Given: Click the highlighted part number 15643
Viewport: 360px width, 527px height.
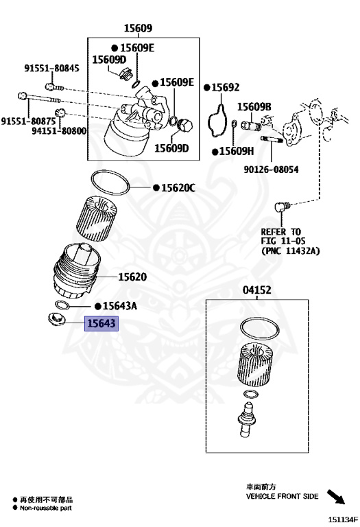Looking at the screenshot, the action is pos(101,323).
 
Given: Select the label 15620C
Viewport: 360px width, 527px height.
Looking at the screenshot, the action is pos(178,188).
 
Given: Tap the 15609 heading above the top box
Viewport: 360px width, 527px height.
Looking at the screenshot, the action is pos(138,28).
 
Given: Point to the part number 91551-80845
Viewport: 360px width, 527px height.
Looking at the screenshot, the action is pos(51,68).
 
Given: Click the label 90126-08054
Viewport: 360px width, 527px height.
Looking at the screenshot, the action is pos(271,169).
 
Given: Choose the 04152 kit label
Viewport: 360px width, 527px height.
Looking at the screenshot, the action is pos(257,290).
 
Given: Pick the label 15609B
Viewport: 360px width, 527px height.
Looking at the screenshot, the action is pos(254,107).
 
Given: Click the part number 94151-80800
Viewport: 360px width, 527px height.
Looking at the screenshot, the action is pos(59,131).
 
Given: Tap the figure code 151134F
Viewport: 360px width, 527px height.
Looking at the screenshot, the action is pos(344,519).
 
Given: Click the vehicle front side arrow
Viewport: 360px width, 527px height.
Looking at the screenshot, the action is pos(336,497).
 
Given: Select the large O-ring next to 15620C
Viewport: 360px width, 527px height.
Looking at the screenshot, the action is pos(110,183).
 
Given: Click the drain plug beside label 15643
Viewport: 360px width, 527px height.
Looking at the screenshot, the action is pos(56,319).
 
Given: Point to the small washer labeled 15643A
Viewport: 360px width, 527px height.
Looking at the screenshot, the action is pos(62,305).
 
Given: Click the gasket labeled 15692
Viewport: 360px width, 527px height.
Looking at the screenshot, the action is pos(218,122).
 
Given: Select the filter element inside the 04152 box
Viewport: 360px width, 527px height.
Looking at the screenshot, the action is pos(255,365).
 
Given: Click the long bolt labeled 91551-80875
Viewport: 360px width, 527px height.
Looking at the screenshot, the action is pos(39,98).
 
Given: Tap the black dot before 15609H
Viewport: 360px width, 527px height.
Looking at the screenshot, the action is pos(215,152).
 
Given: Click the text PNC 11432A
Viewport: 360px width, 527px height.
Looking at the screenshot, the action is pos(291,250).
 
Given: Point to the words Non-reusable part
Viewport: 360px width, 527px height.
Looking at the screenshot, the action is pos(46,508).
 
